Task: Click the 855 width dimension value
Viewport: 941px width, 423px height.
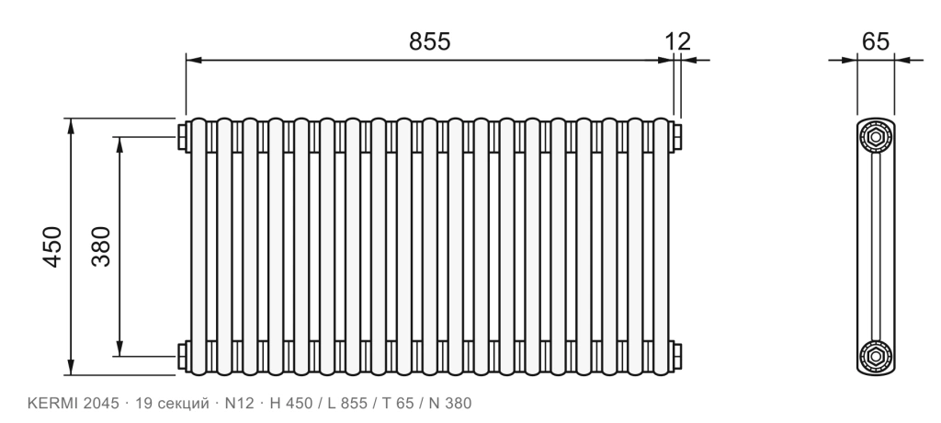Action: [x=429, y=41]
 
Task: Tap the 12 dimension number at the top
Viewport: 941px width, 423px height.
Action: [x=677, y=41]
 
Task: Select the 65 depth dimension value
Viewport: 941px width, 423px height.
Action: [x=876, y=41]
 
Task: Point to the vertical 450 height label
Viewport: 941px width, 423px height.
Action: [x=52, y=246]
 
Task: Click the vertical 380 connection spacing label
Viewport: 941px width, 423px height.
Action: [x=101, y=246]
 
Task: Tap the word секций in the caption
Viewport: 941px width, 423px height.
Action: [x=182, y=404]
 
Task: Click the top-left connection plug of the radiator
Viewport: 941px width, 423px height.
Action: [x=182, y=136]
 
